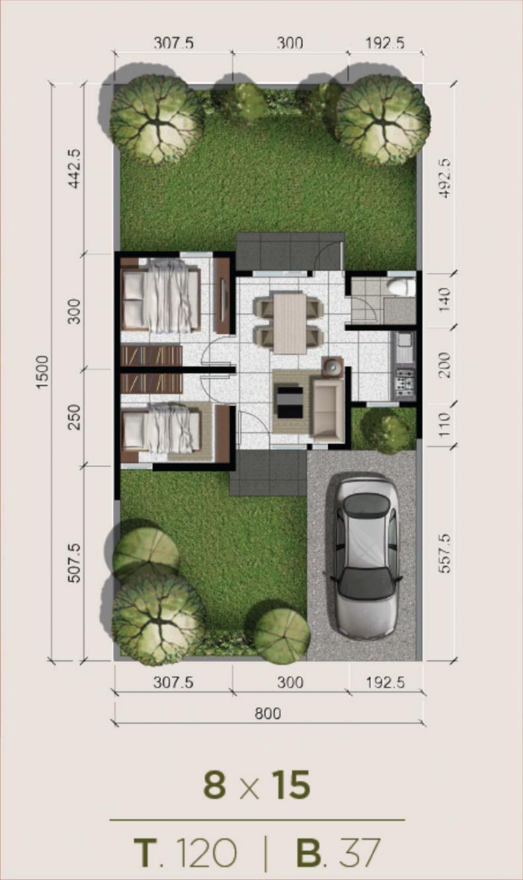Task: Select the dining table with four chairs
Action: [x=290, y=322]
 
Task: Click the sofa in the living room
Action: [x=328, y=408]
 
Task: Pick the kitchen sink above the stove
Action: [x=404, y=348]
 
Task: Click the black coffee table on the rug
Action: [x=290, y=402]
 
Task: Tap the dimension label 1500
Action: [x=42, y=372]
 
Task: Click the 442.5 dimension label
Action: [x=74, y=169]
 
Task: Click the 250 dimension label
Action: [x=74, y=417]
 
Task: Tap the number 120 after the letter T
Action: [x=207, y=852]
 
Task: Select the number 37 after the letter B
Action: [x=360, y=852]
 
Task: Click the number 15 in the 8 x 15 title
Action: [x=291, y=784]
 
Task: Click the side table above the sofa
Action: [x=333, y=367]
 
